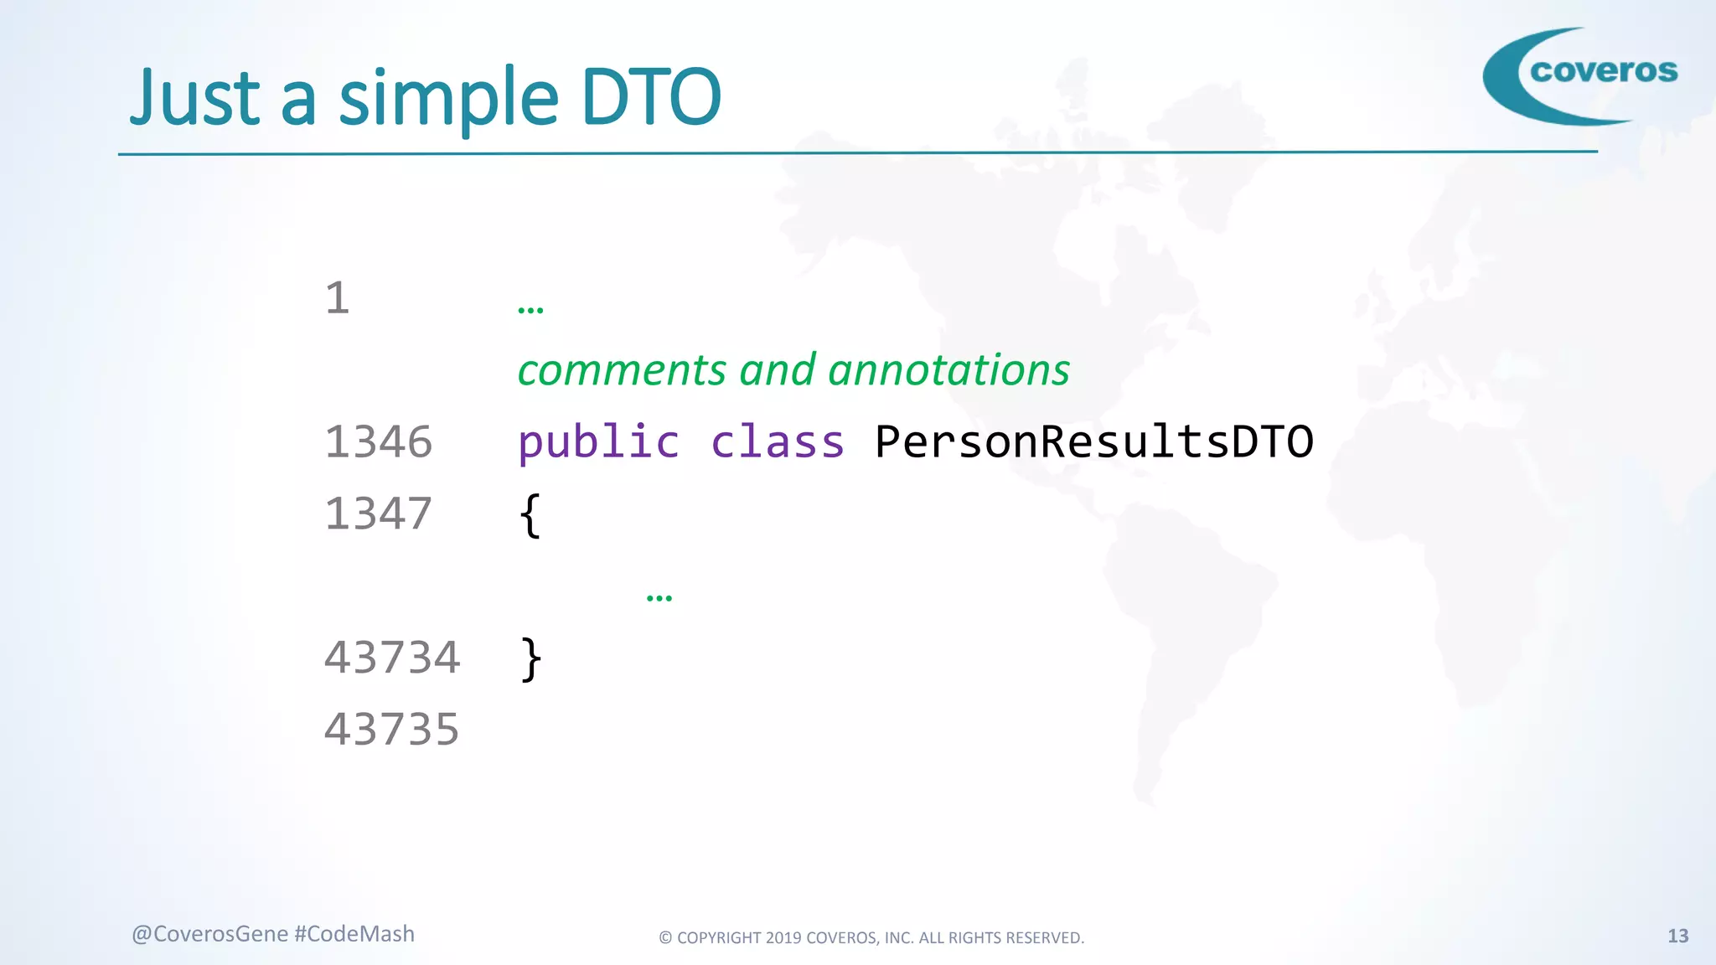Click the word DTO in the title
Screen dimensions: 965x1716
(x=650, y=98)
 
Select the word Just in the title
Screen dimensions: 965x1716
(x=195, y=98)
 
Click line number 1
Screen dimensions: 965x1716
(x=337, y=298)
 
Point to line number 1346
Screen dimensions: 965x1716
(x=378, y=441)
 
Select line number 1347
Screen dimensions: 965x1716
(x=378, y=513)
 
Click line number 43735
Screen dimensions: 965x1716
(x=392, y=729)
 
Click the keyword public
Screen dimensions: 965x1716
(x=598, y=442)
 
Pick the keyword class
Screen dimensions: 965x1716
(x=777, y=442)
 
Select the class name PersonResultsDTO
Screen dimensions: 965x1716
(x=1093, y=441)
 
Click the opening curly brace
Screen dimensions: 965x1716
(x=530, y=515)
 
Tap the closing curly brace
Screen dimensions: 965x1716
(x=530, y=659)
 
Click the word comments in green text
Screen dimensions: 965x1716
(x=622, y=370)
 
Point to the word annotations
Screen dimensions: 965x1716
(x=948, y=369)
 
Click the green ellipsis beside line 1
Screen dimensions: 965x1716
(x=530, y=309)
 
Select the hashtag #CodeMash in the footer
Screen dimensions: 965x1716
(x=354, y=934)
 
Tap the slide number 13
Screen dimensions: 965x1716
(x=1677, y=936)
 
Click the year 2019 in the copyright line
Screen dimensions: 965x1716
(x=783, y=937)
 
